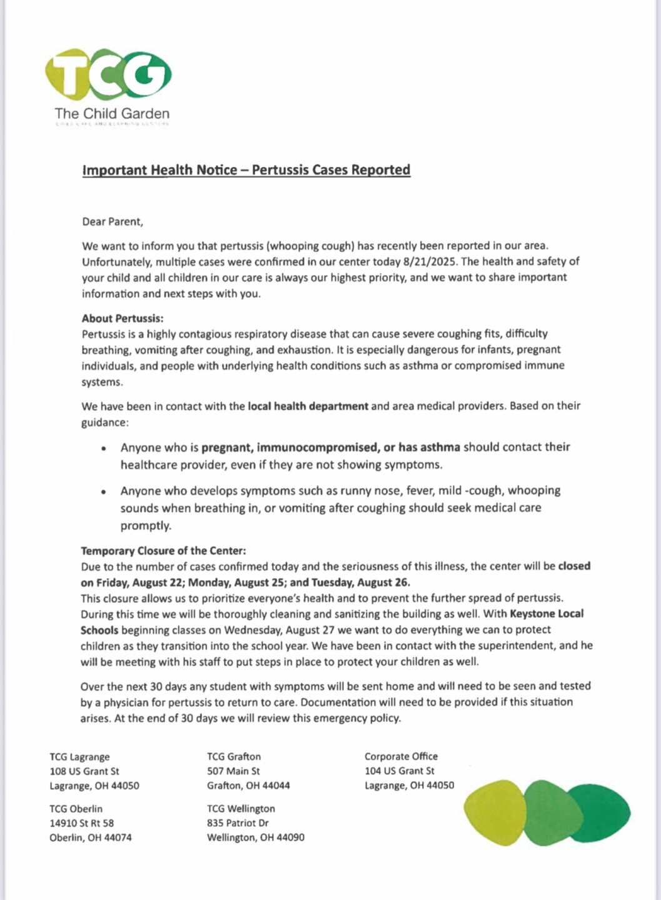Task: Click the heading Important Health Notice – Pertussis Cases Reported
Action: tap(246, 170)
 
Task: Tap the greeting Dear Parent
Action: tap(112, 221)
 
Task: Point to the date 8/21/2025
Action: tap(428, 261)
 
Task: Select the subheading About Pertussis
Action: tap(122, 318)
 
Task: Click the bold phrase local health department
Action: tap(308, 406)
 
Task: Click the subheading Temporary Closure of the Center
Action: tap(163, 551)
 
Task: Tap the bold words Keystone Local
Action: tap(547, 614)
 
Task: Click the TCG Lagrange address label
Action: tap(79, 757)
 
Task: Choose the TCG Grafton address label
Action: tap(234, 757)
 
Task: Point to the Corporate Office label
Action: tap(401, 757)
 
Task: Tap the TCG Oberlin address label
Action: tap(76, 809)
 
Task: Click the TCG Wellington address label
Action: tap(241, 809)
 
